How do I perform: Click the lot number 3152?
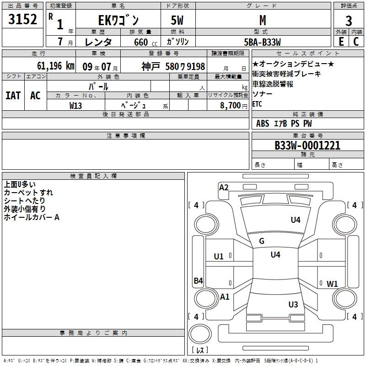[x=22, y=19]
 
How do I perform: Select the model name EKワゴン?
[x=118, y=20]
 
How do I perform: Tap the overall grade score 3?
[x=349, y=21]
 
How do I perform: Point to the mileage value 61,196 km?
[x=56, y=66]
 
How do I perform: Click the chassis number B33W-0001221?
[x=307, y=145]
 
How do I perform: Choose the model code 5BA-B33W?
[x=262, y=42]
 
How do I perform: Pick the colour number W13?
[x=75, y=106]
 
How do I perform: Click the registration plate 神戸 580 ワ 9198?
[x=173, y=66]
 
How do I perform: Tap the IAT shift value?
[x=13, y=96]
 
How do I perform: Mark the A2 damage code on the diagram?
[x=224, y=188]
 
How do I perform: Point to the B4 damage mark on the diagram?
[x=199, y=280]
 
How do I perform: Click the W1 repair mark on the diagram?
[x=332, y=284]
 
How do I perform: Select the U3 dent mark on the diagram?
[x=293, y=304]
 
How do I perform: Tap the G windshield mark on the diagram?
[x=262, y=241]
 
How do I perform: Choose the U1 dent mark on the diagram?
[x=219, y=257]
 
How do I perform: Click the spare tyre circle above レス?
[x=200, y=334]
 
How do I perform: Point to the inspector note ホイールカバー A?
[x=32, y=217]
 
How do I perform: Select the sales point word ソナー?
[x=262, y=94]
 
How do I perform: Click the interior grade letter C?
[x=356, y=42]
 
